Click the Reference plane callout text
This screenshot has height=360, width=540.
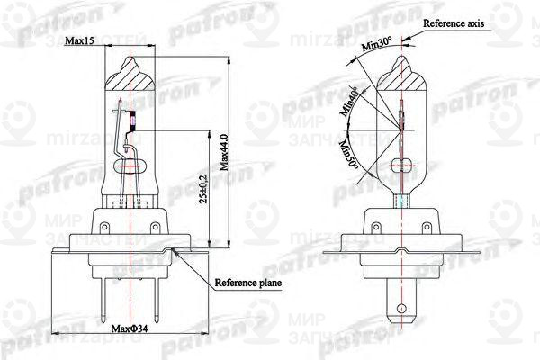(247, 283)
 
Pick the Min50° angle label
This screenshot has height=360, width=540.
(346, 156)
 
